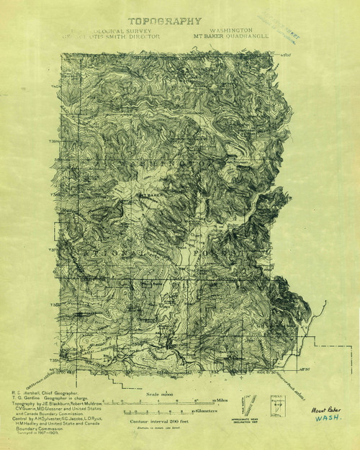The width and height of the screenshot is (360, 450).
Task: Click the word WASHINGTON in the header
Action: click(x=231, y=30)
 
